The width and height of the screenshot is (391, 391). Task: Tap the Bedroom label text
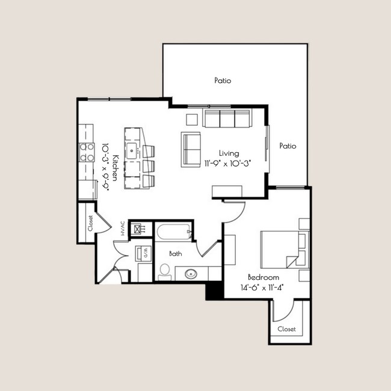(264, 277)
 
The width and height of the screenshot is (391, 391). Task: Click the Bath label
(175, 254)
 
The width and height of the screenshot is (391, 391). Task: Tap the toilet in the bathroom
(164, 271)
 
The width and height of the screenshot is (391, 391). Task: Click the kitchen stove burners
(87, 152)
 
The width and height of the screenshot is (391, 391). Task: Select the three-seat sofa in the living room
(227, 118)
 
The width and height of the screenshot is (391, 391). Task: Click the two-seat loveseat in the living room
(192, 149)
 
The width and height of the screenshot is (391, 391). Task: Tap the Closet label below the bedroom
(286, 329)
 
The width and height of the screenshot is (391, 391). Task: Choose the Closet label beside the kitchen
(90, 223)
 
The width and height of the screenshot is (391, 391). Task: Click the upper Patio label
(223, 80)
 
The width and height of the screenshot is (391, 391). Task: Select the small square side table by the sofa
(192, 119)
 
